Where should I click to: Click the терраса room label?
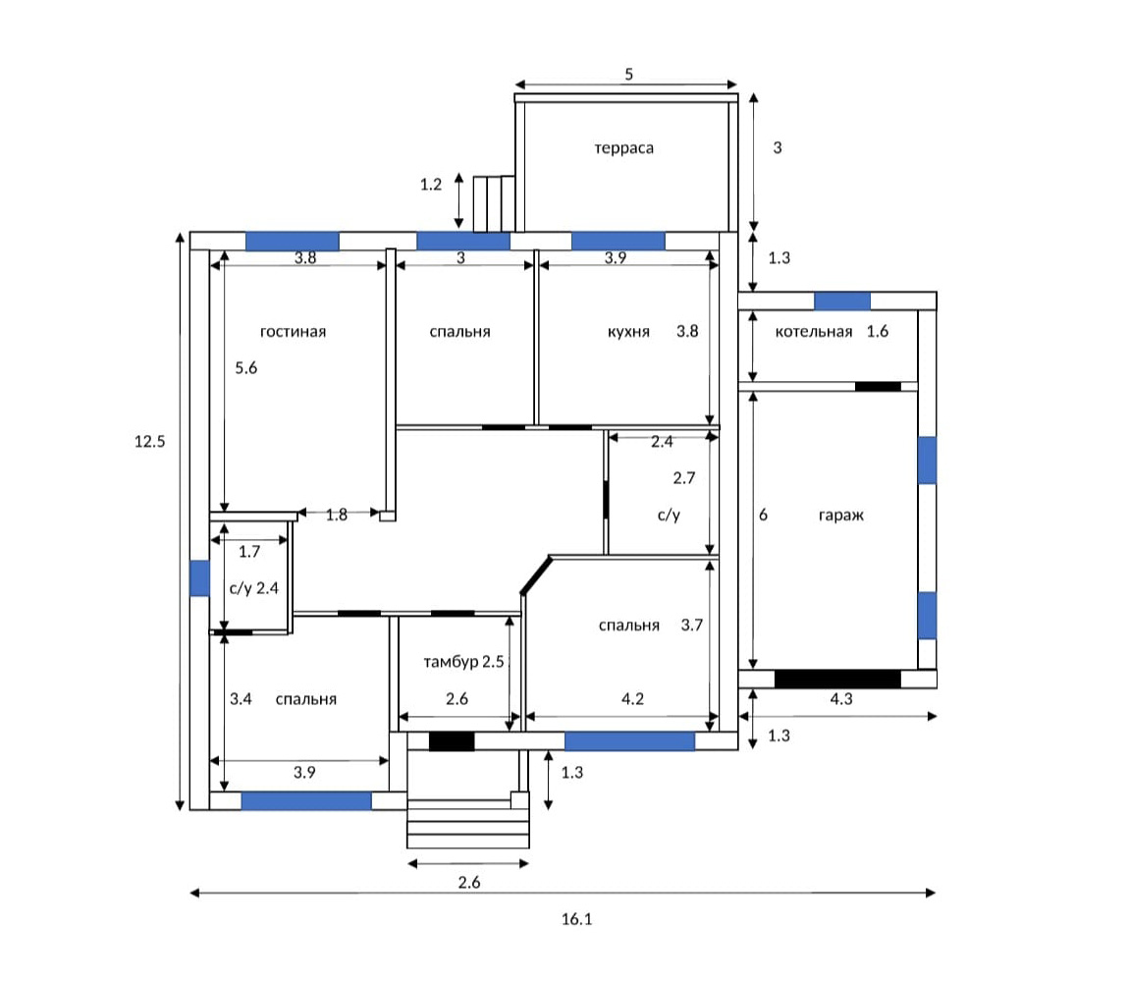point(623,148)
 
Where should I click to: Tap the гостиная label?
point(293,331)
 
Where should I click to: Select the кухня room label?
point(628,331)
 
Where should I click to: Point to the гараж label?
point(841,516)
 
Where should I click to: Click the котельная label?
point(814,331)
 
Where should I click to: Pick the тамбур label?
point(451,662)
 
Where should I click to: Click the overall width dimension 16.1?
point(576,918)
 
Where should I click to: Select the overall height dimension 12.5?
point(150,441)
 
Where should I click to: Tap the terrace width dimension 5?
point(628,75)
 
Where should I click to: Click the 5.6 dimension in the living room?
point(246,368)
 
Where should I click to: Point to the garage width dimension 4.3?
point(841,698)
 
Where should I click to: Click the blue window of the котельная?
point(841,301)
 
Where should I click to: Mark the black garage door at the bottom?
point(837,679)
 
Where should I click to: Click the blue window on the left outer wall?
point(199,577)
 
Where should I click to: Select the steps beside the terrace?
point(494,204)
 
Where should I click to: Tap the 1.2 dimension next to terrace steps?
point(431,185)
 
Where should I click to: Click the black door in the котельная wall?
point(878,386)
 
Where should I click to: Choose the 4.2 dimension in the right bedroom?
point(632,699)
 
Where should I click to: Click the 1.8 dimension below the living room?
point(337,515)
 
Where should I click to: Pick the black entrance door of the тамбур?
point(452,741)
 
